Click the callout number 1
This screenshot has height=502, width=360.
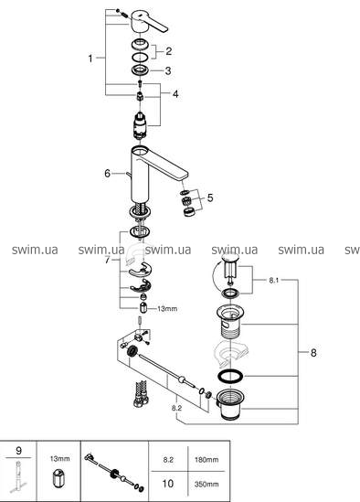pos(90,59)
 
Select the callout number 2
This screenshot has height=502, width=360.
pos(169,51)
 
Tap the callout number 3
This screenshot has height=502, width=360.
pos(168,70)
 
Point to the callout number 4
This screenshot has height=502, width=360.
pos(175,94)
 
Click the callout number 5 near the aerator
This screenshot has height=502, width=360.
pos(210,198)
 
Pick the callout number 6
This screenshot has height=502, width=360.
pos(107,173)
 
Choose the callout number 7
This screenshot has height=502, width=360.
pos(107,260)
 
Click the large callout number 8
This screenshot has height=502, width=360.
pos(313,353)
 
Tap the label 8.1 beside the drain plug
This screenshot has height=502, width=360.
pos(274,281)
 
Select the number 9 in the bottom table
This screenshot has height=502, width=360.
pos(18,451)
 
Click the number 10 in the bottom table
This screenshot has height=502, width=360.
pos(168,484)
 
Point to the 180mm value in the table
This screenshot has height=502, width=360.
pos(206,460)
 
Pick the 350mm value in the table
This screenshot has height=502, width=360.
pos(206,484)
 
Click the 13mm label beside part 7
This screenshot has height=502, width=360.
pos(167,309)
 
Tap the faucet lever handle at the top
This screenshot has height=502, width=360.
pos(149,21)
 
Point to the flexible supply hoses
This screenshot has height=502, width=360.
pos(141,393)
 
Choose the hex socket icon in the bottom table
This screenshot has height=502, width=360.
pos(58,477)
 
